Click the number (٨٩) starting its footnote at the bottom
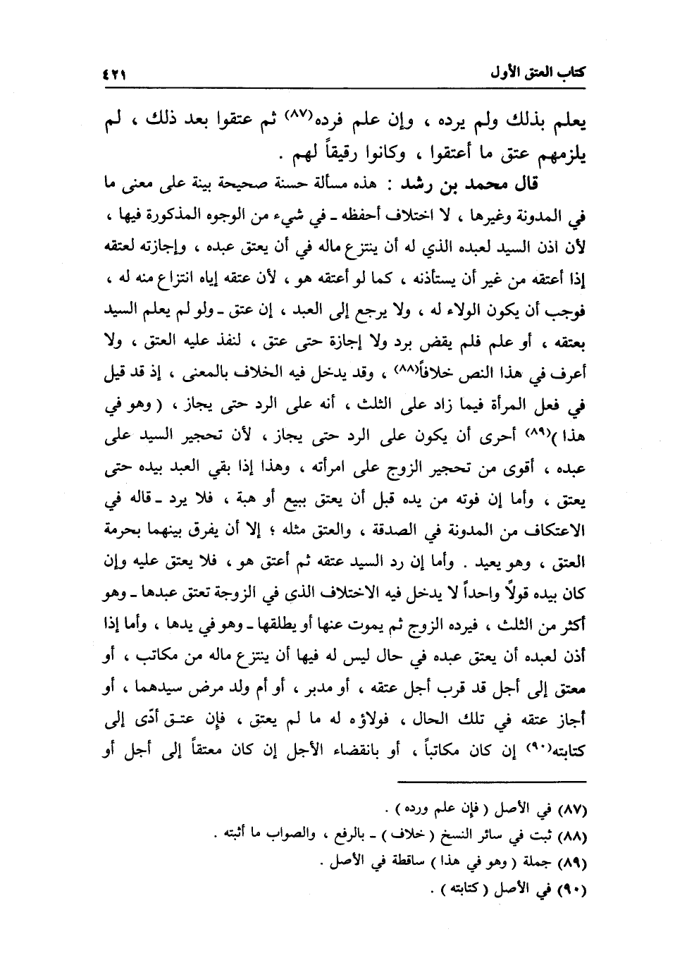pos(574,862)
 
